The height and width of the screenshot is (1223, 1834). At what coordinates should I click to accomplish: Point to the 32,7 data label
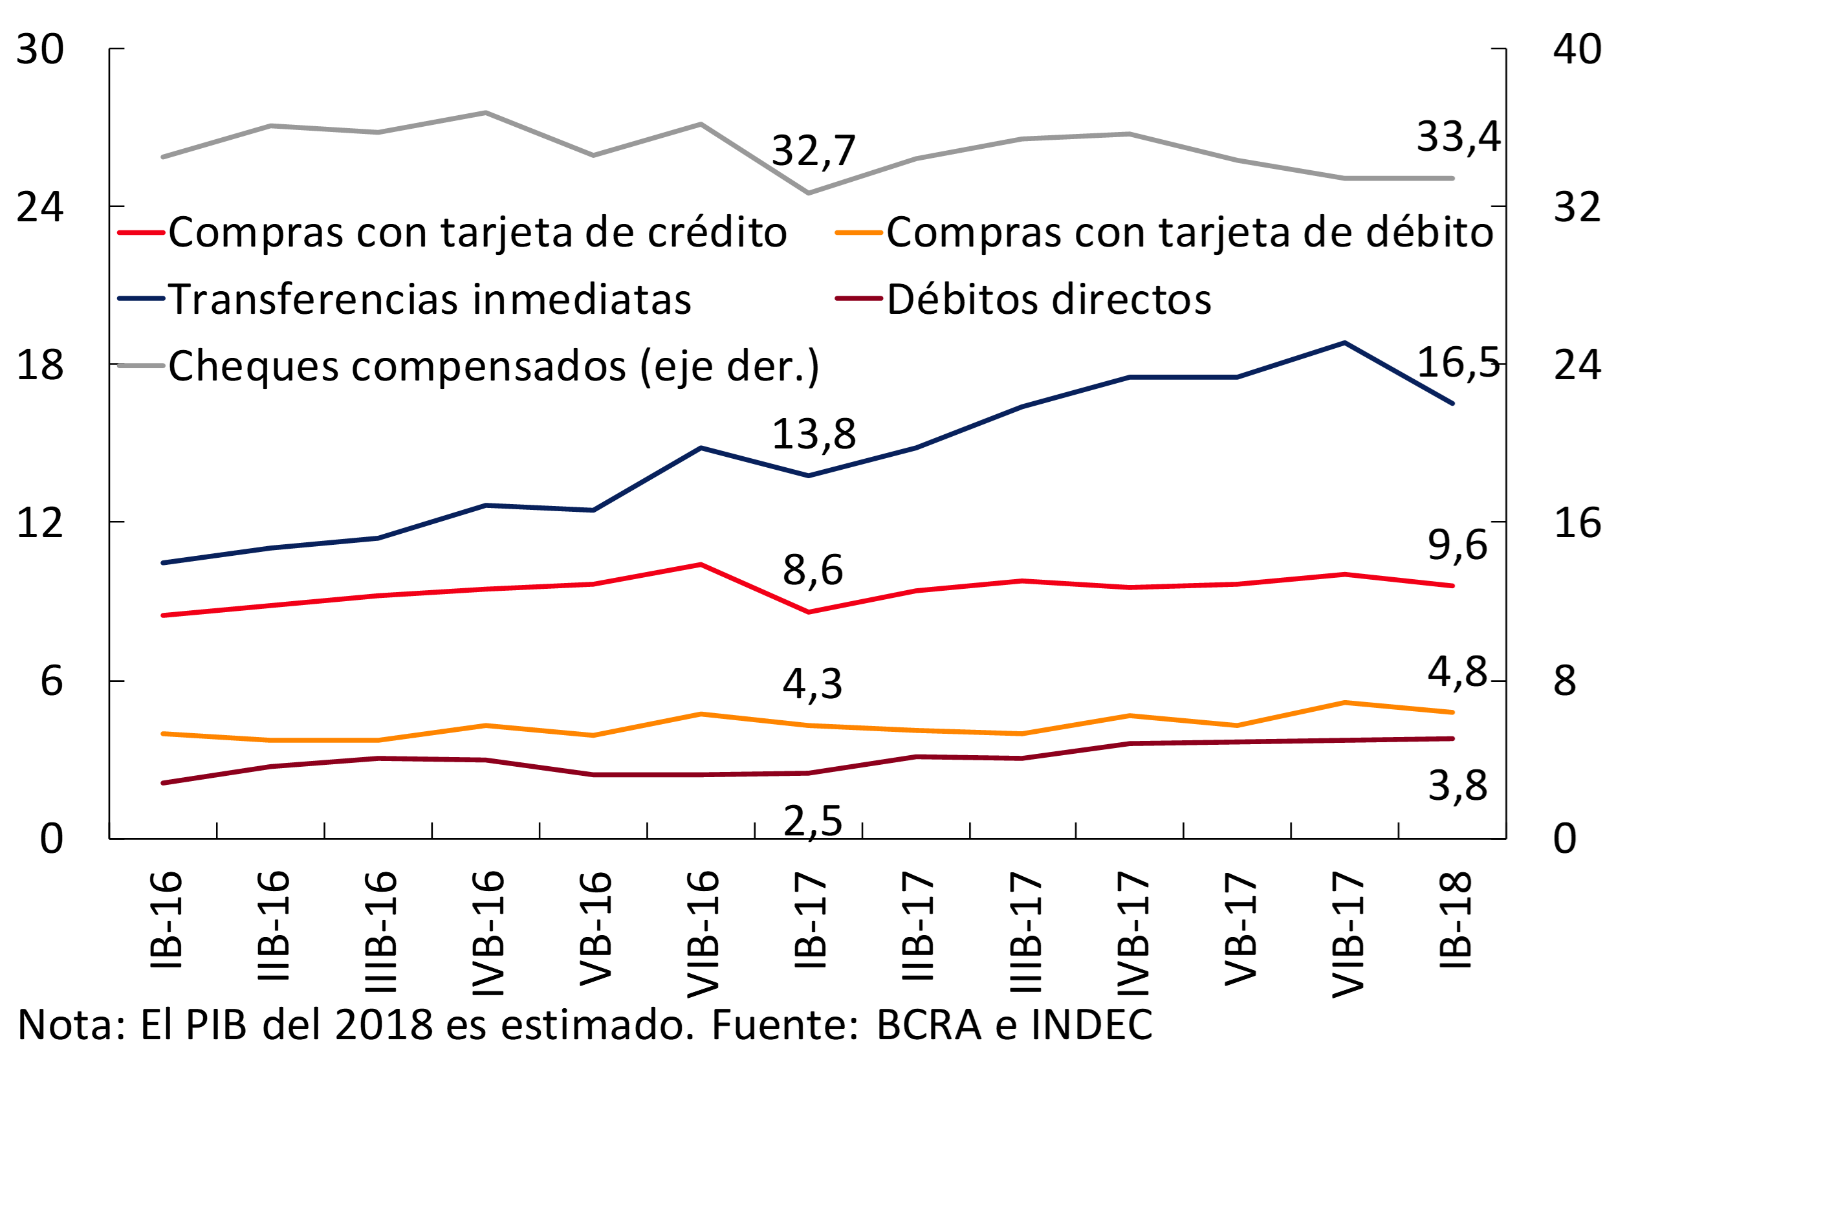coord(813,151)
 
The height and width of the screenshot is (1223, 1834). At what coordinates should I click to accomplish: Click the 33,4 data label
coord(1457,137)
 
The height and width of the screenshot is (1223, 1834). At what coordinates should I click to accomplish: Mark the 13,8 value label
coord(813,434)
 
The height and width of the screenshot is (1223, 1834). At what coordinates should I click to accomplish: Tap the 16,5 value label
coord(1457,362)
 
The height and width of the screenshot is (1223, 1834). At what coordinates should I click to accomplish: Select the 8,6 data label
coord(813,570)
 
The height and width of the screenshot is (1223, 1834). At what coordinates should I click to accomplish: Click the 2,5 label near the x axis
coord(813,821)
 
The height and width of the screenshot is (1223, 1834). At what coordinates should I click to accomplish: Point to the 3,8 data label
coord(1457,786)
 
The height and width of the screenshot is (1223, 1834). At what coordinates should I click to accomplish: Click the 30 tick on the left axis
coord(39,50)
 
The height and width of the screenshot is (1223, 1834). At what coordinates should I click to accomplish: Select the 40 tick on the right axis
coord(1577,50)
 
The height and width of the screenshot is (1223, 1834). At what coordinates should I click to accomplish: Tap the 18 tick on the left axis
coord(39,365)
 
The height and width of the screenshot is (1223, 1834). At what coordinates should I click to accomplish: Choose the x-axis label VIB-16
coord(703,934)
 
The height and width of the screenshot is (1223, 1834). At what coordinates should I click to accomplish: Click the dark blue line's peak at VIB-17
coord(1344,342)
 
